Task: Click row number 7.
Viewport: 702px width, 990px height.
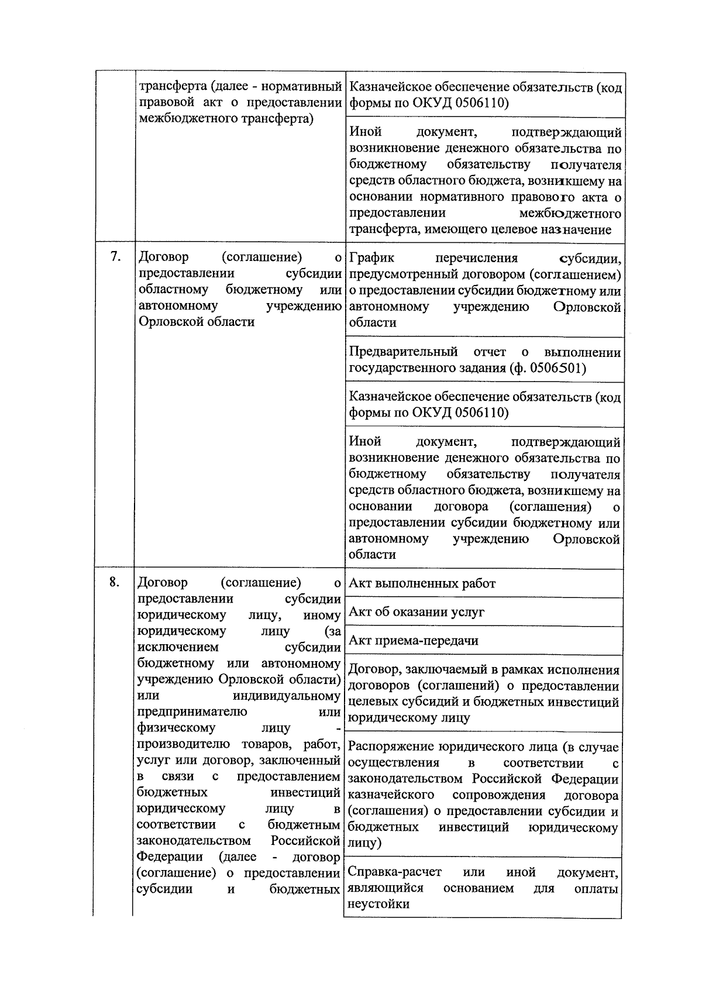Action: (115, 257)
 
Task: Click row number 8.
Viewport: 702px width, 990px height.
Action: (115, 582)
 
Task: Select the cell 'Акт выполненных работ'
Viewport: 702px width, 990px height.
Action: (422, 583)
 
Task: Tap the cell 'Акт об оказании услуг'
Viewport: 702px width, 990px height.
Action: (417, 612)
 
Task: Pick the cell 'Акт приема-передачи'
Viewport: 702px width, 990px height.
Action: (414, 640)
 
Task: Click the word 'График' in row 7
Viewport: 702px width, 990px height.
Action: (371, 258)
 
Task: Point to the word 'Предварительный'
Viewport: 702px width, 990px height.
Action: (403, 352)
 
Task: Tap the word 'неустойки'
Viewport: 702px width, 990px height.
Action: (378, 903)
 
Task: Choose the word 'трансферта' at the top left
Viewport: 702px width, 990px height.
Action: (172, 87)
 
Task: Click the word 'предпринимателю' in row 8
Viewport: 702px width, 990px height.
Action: (192, 711)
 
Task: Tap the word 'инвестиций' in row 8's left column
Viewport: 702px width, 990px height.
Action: (305, 792)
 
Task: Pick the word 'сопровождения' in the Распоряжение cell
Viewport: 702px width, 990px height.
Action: (498, 795)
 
